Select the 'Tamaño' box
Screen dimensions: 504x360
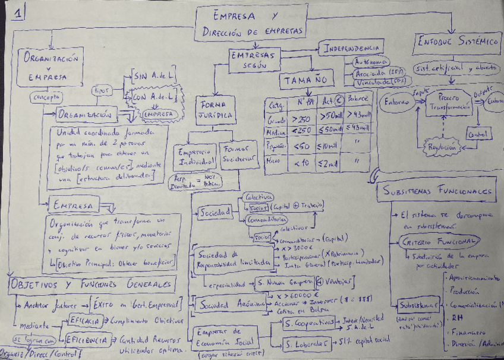pyautogui.click(x=306, y=79)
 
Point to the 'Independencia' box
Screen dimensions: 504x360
pyautogui.click(x=351, y=48)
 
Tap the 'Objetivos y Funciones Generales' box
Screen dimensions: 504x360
pyautogui.click(x=92, y=283)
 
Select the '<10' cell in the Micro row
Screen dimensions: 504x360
pyautogui.click(x=301, y=162)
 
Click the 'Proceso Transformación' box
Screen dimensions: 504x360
pyautogui.click(x=448, y=102)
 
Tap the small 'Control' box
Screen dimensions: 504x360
pyautogui.click(x=479, y=134)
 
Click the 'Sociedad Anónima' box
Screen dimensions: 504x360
pyautogui.click(x=228, y=305)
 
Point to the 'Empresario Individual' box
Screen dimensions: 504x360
pyautogui.click(x=194, y=155)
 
